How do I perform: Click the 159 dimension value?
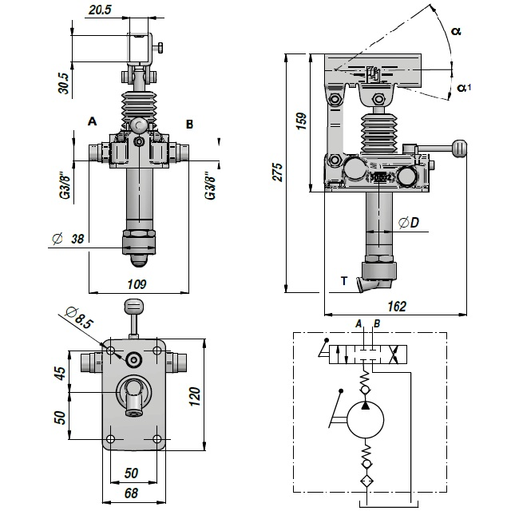301,121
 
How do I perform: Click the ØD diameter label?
408,223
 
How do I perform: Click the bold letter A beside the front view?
92,122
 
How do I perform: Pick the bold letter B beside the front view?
189,124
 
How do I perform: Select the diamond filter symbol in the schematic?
365,481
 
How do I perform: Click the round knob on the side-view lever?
458,148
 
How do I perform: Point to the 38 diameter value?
78,238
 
